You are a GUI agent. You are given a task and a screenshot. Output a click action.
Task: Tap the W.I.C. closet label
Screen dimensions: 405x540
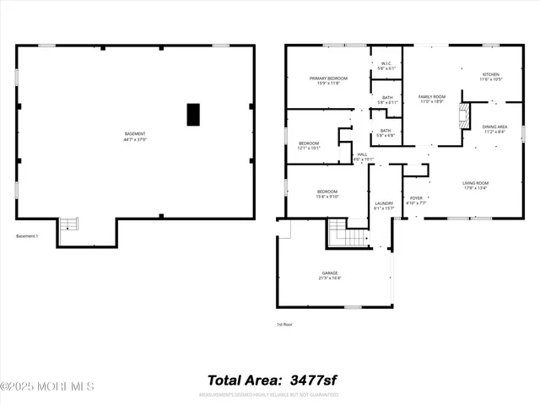(x=386, y=65)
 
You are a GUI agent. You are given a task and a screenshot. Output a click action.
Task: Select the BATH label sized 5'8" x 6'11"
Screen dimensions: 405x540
(x=386, y=100)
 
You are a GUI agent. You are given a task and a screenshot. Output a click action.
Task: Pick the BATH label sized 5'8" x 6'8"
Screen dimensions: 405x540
(x=386, y=132)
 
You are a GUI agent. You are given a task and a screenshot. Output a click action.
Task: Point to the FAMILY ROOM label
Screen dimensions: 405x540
(x=432, y=100)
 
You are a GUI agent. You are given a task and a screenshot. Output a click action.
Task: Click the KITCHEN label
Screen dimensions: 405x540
(x=491, y=77)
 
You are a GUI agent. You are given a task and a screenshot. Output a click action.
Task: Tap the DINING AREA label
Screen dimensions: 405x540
(x=494, y=129)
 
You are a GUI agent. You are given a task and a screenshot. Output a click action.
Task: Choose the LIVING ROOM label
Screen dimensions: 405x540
(x=476, y=186)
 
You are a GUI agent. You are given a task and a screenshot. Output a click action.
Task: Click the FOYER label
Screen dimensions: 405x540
(x=416, y=201)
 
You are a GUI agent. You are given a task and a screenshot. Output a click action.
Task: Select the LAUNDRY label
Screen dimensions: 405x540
(x=385, y=206)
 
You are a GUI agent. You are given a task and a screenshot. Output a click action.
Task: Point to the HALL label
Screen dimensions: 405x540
(x=363, y=156)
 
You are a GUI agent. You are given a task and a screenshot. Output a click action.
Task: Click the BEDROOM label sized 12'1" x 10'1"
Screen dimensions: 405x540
(x=310, y=145)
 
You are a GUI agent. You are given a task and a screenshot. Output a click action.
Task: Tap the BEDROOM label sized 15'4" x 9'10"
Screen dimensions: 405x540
(x=327, y=194)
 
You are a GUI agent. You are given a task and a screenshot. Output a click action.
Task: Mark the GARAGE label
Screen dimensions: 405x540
(x=330, y=275)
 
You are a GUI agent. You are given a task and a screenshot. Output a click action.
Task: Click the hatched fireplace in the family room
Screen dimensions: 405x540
(x=462, y=116)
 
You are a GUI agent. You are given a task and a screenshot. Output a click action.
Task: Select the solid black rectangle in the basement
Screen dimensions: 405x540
(x=193, y=114)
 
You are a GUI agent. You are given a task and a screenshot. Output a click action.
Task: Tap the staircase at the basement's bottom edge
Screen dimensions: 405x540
(x=68, y=225)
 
